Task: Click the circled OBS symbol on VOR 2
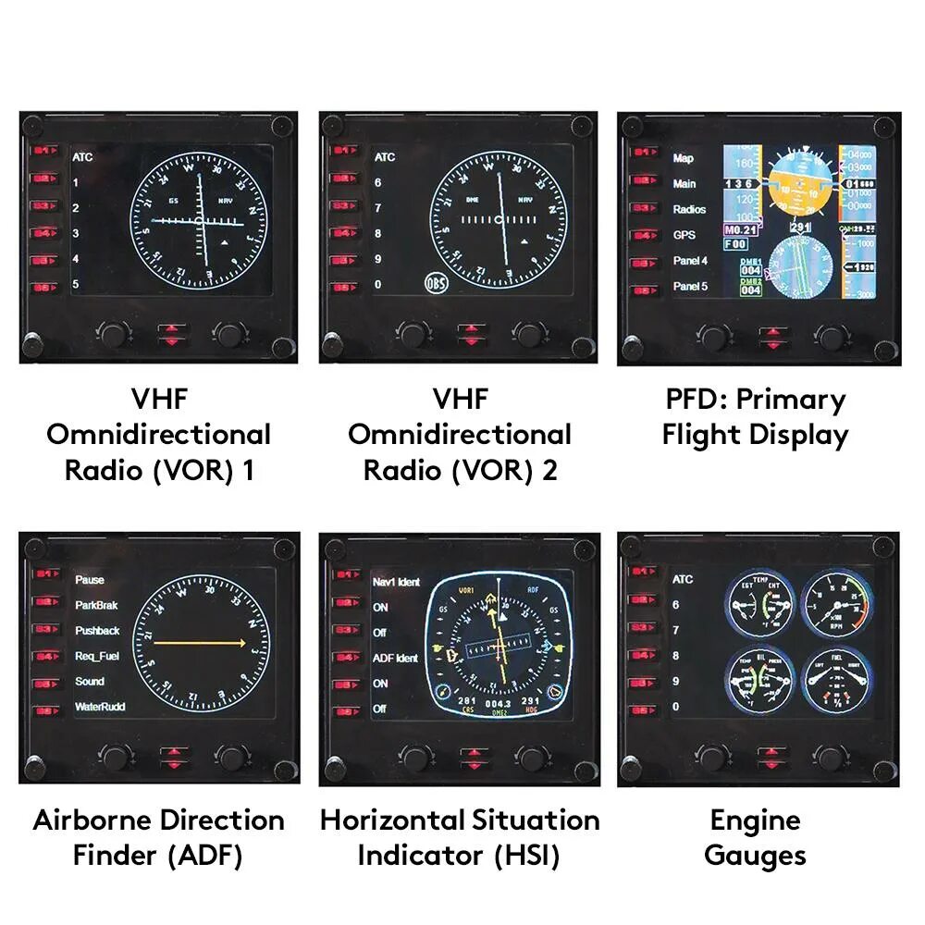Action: [435, 284]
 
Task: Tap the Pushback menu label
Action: [97, 631]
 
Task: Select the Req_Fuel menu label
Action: [96, 657]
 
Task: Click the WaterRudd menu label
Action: [100, 708]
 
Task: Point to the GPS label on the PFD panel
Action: [684, 235]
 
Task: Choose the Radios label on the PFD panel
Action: [689, 210]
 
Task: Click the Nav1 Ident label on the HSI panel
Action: [396, 583]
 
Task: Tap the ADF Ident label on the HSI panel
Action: [395, 659]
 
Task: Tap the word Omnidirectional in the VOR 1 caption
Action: [159, 435]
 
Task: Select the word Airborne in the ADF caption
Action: [92, 820]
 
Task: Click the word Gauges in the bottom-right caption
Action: [755, 856]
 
